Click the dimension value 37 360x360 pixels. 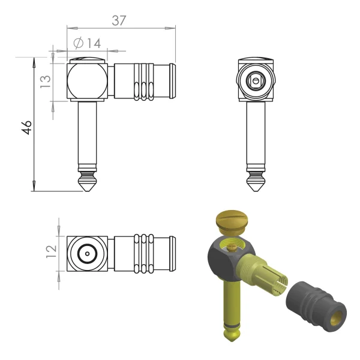pyautogui.click(x=119, y=20)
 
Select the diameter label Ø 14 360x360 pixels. pyautogui.click(x=87, y=43)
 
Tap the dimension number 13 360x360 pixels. pyautogui.click(x=46, y=82)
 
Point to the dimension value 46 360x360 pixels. pyautogui.click(x=26, y=127)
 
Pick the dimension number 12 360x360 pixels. pyautogui.click(x=51, y=251)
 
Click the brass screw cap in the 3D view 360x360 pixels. pyautogui.click(x=232, y=221)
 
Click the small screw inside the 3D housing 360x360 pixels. pyautogui.click(x=232, y=248)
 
